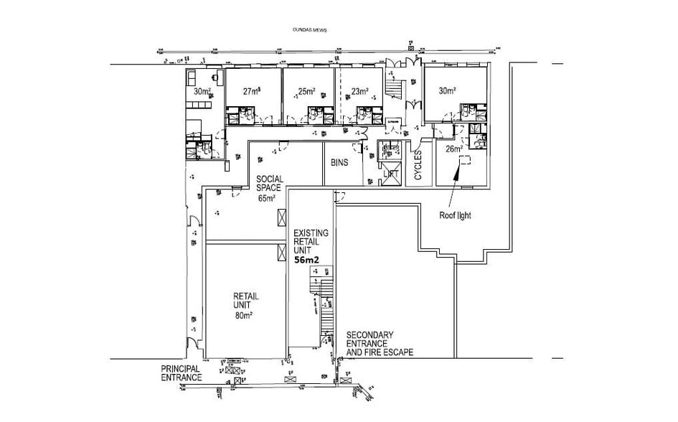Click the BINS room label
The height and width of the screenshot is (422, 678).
tap(339, 163)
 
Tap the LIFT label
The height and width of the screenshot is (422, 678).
tap(390, 174)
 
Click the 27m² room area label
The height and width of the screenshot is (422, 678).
tap(250, 91)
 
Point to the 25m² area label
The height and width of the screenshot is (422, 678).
tap(306, 91)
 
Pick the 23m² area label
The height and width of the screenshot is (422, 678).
tap(359, 91)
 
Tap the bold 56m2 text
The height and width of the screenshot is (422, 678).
tap(309, 261)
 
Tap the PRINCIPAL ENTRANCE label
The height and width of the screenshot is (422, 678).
tap(182, 372)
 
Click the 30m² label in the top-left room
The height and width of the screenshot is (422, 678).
tap(202, 91)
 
